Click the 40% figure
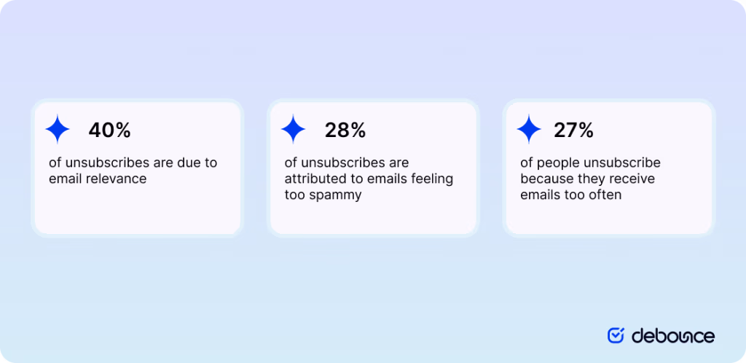[109, 130]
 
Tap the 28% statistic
[345, 130]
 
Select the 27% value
[573, 130]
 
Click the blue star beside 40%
[58, 130]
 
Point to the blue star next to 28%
[294, 130]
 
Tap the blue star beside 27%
[529, 130]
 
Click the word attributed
[315, 179]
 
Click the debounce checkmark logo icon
[616, 335]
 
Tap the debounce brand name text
[672, 335]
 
